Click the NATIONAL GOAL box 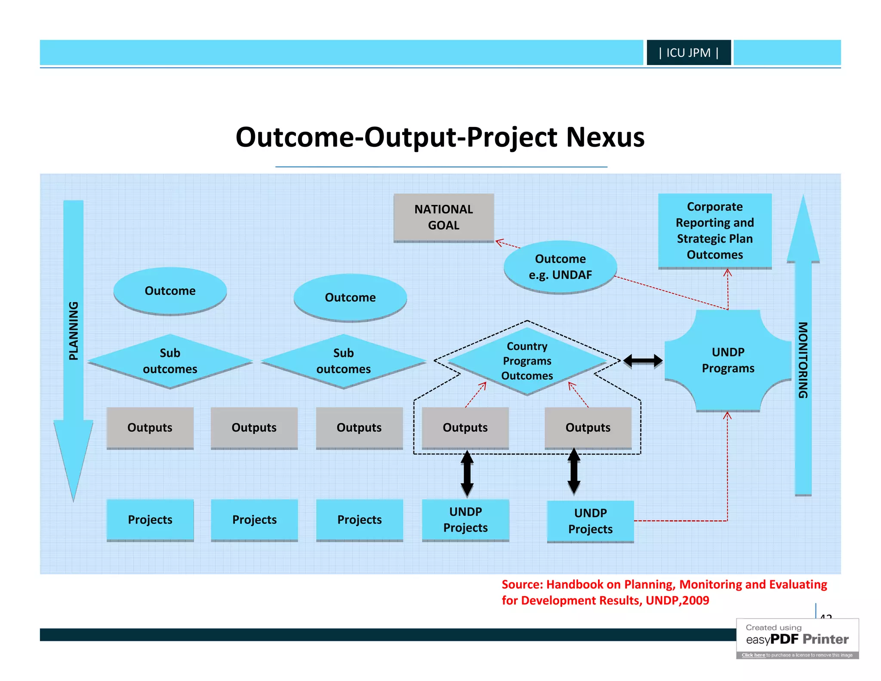(x=444, y=217)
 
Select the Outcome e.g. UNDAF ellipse (x=560, y=267)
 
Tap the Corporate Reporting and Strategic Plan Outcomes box (x=715, y=231)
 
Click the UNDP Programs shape (x=728, y=360)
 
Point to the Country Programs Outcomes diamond (x=527, y=361)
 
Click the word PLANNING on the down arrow (x=74, y=331)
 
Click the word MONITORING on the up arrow (x=803, y=360)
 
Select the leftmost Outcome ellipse (x=170, y=291)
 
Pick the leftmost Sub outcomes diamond (x=170, y=361)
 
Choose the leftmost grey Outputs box (x=150, y=427)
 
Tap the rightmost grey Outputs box (x=588, y=427)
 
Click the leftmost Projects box (x=150, y=520)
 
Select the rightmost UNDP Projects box (x=590, y=521)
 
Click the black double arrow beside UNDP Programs (x=643, y=361)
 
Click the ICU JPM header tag (x=688, y=53)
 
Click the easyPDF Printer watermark (x=797, y=639)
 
